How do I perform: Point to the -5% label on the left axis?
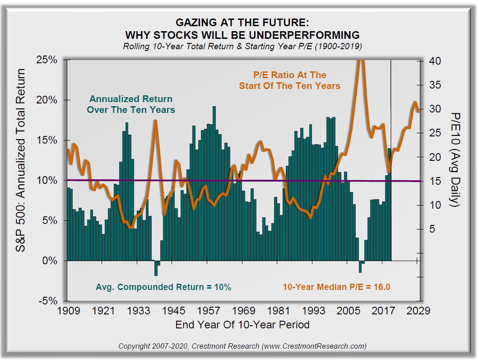pyautogui.click(x=48, y=301)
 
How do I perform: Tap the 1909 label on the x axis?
pyautogui.click(x=70, y=311)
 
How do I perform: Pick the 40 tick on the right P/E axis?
pyautogui.click(x=432, y=61)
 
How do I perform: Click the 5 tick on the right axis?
pyautogui.click(x=432, y=229)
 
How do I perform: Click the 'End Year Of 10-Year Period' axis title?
pyautogui.click(x=242, y=324)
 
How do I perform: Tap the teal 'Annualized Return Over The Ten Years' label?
pyautogui.click(x=131, y=104)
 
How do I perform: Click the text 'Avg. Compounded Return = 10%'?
pyautogui.click(x=163, y=287)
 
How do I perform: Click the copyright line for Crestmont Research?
pyautogui.click(x=242, y=346)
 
